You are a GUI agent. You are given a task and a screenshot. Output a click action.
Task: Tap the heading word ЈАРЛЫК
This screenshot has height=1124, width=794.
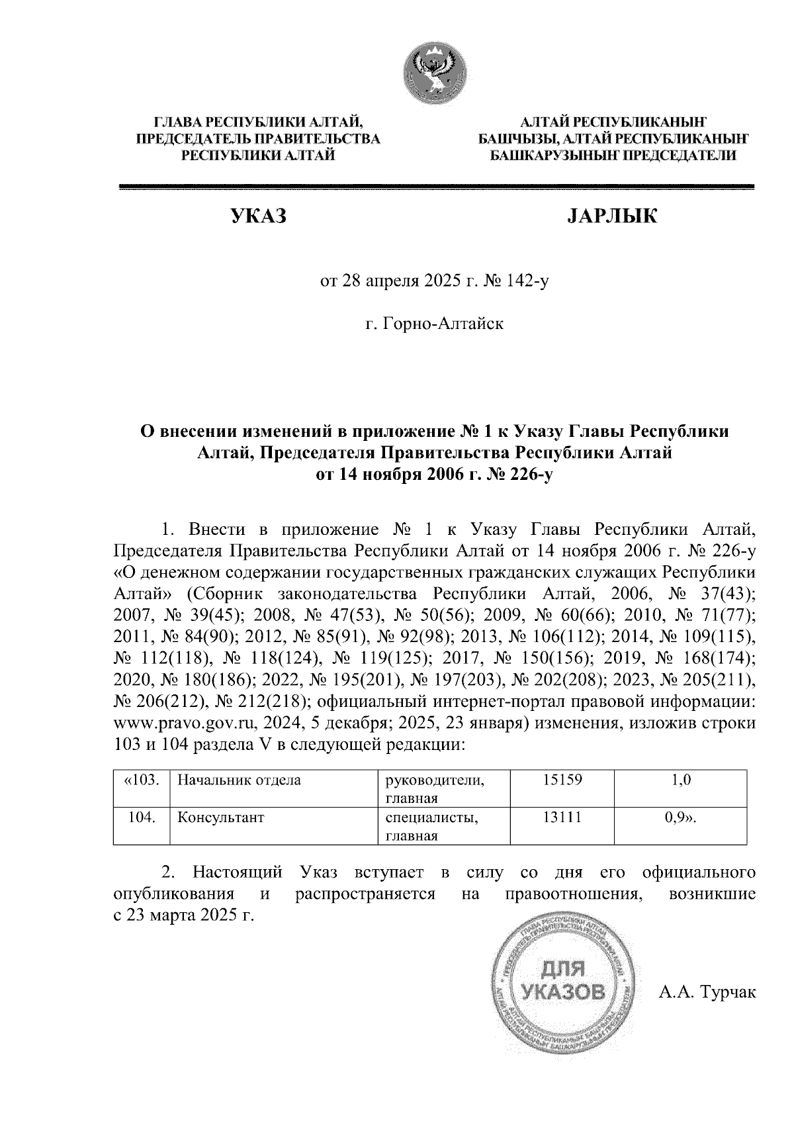611,216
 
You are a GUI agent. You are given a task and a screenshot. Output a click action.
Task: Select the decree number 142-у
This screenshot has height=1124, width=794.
528,282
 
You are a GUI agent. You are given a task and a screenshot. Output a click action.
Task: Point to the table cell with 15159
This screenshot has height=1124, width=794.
562,780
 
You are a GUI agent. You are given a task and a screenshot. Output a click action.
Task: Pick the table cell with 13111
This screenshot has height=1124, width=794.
562,818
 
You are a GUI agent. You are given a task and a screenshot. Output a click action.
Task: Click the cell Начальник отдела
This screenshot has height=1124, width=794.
239,780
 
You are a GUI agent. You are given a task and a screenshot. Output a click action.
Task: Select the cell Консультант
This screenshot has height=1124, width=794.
221,818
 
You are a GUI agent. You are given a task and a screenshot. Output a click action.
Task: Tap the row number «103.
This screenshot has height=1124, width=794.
142,780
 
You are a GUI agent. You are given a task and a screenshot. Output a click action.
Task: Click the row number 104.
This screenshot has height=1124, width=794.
142,818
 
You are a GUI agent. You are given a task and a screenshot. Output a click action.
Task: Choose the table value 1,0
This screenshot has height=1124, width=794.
681,780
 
